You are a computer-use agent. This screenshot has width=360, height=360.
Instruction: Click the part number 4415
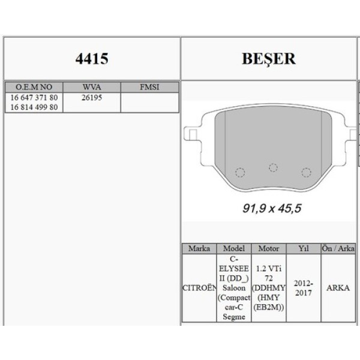pos(92,59)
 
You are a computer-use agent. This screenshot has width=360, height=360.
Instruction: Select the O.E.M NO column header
pos(34,87)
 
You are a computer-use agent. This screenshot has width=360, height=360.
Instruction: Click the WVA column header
pos(92,87)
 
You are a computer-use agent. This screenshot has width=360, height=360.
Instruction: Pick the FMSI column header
pos(149,87)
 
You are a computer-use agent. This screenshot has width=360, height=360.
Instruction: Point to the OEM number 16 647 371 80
pos(34,97)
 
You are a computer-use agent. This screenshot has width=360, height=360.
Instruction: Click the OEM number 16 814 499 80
pos(34,107)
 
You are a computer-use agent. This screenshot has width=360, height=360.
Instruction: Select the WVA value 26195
pos(92,97)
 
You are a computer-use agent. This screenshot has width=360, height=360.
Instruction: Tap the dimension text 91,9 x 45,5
pos(271,209)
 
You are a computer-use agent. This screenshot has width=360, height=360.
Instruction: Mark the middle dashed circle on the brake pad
pos(274,167)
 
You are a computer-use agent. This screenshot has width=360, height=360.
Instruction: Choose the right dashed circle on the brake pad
pos(306,172)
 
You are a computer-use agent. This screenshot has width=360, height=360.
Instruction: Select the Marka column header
pos(199,248)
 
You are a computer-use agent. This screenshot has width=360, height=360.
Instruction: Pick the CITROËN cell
pos(199,287)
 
